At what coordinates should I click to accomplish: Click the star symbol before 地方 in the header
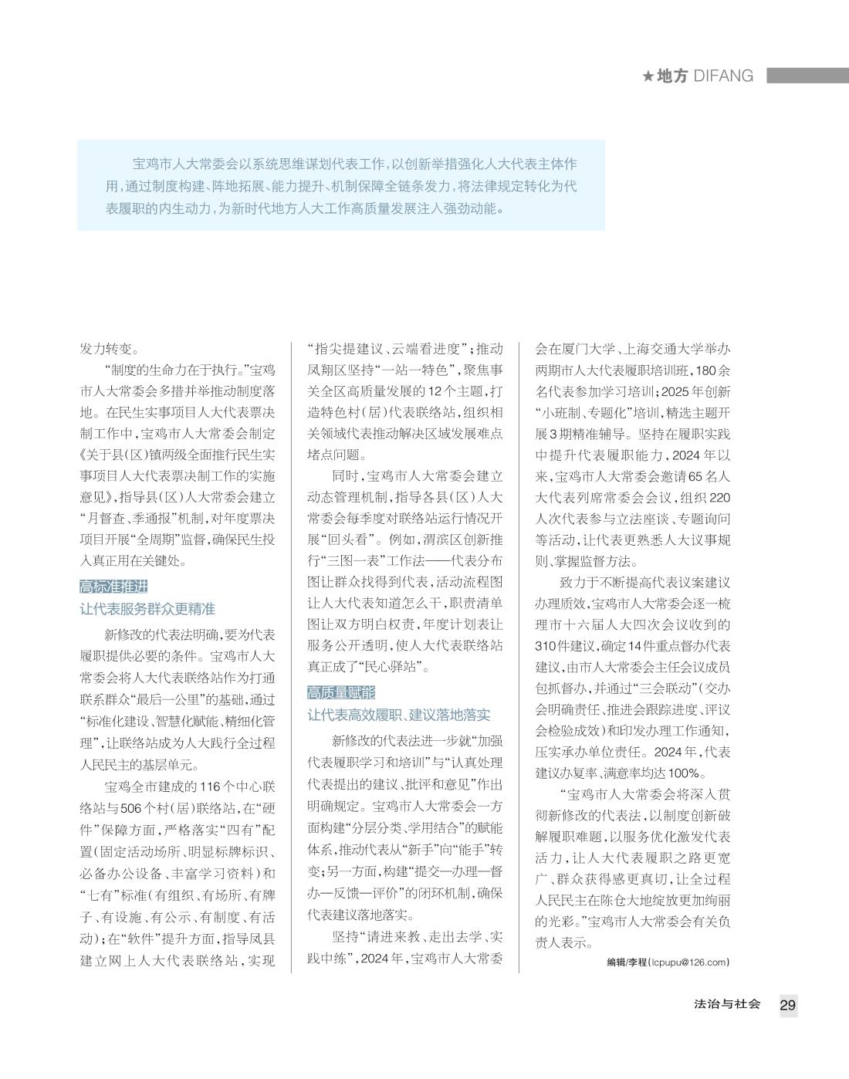(x=648, y=76)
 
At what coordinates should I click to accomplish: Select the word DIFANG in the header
(x=723, y=76)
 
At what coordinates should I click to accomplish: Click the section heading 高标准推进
(x=113, y=586)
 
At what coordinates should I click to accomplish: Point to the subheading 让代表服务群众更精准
(x=147, y=609)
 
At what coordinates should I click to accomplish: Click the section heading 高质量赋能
(x=341, y=692)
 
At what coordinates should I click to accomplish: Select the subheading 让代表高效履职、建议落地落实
(x=398, y=715)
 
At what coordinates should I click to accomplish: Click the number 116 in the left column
(x=211, y=787)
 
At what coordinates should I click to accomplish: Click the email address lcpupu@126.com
(x=689, y=962)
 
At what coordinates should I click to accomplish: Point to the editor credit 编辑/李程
(x=626, y=962)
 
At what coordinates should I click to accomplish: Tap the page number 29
(x=788, y=1005)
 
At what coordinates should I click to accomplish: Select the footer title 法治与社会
(x=727, y=1004)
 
